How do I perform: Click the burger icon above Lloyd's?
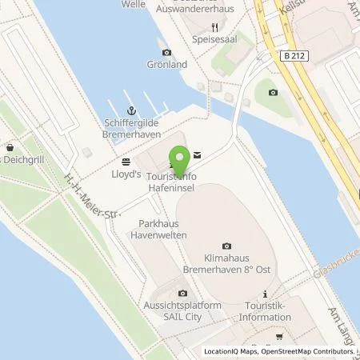pos(126,160)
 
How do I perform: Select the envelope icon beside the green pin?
pos(197,154)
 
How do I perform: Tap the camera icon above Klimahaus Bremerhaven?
pos(226,246)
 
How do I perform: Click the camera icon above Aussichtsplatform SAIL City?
pos(183,294)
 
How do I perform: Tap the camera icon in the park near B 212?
pos(273,92)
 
